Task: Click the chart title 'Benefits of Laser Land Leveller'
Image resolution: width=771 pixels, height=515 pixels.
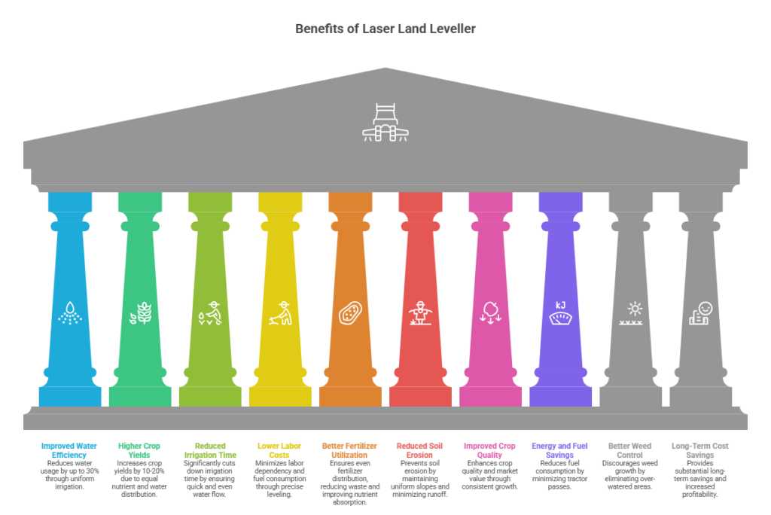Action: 385,29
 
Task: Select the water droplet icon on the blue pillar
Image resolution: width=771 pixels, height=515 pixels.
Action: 70,312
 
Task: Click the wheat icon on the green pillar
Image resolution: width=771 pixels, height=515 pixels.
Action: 140,312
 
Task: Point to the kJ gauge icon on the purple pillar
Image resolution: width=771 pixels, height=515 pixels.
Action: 561,312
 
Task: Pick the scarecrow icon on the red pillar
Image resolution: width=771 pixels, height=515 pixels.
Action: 420,312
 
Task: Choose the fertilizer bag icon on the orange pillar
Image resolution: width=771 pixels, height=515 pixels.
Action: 350,312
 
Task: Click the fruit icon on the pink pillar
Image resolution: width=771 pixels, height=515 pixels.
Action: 490,312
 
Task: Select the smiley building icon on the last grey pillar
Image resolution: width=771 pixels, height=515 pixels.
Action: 701,312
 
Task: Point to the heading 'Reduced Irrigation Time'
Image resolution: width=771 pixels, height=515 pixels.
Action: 210,450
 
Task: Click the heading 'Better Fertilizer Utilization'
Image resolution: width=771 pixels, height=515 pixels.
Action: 350,450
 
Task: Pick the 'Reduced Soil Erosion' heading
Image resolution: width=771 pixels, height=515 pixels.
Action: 420,450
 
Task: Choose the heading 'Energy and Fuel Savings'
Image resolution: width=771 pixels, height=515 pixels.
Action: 561,450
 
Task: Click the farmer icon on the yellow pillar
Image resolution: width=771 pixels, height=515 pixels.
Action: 280,312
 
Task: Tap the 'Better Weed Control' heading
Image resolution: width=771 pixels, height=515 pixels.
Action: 631,450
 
